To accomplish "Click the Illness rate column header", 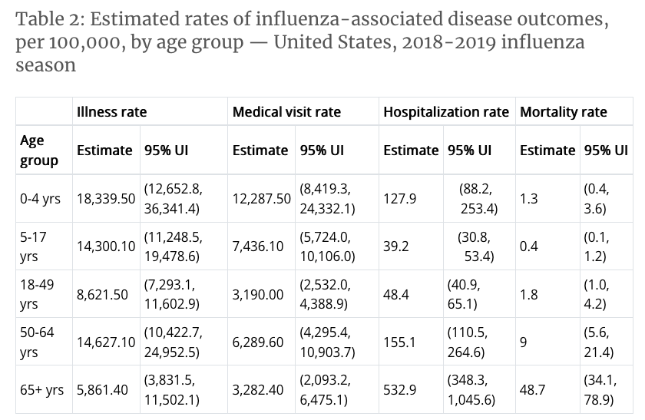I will point(111,112).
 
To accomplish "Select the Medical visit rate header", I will point(286,112).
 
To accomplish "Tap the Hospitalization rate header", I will point(445,112).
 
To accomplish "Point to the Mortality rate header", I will point(563,112).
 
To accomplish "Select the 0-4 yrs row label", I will point(40,199).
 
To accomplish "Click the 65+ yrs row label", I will point(41,390).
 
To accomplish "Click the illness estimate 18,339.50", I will point(106,199).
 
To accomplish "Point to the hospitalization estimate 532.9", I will point(399,390).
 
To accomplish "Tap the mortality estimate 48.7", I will point(532,390).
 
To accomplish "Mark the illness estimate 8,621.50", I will point(102,294).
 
